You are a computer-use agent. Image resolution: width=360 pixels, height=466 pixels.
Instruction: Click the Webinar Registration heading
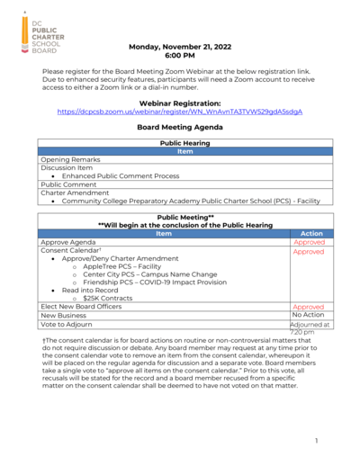click(186, 103)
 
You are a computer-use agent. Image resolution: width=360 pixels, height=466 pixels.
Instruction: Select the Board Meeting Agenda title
click(186, 128)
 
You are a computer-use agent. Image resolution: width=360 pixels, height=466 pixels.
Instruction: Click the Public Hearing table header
click(186, 143)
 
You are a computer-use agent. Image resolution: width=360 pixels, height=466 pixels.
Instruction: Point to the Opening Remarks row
click(73, 159)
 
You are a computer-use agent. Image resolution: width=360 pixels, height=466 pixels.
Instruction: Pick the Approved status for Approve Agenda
click(309, 243)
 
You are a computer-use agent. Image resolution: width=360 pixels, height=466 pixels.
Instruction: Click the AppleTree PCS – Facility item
click(121, 267)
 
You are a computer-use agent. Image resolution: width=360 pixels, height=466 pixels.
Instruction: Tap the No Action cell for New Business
click(309, 316)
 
